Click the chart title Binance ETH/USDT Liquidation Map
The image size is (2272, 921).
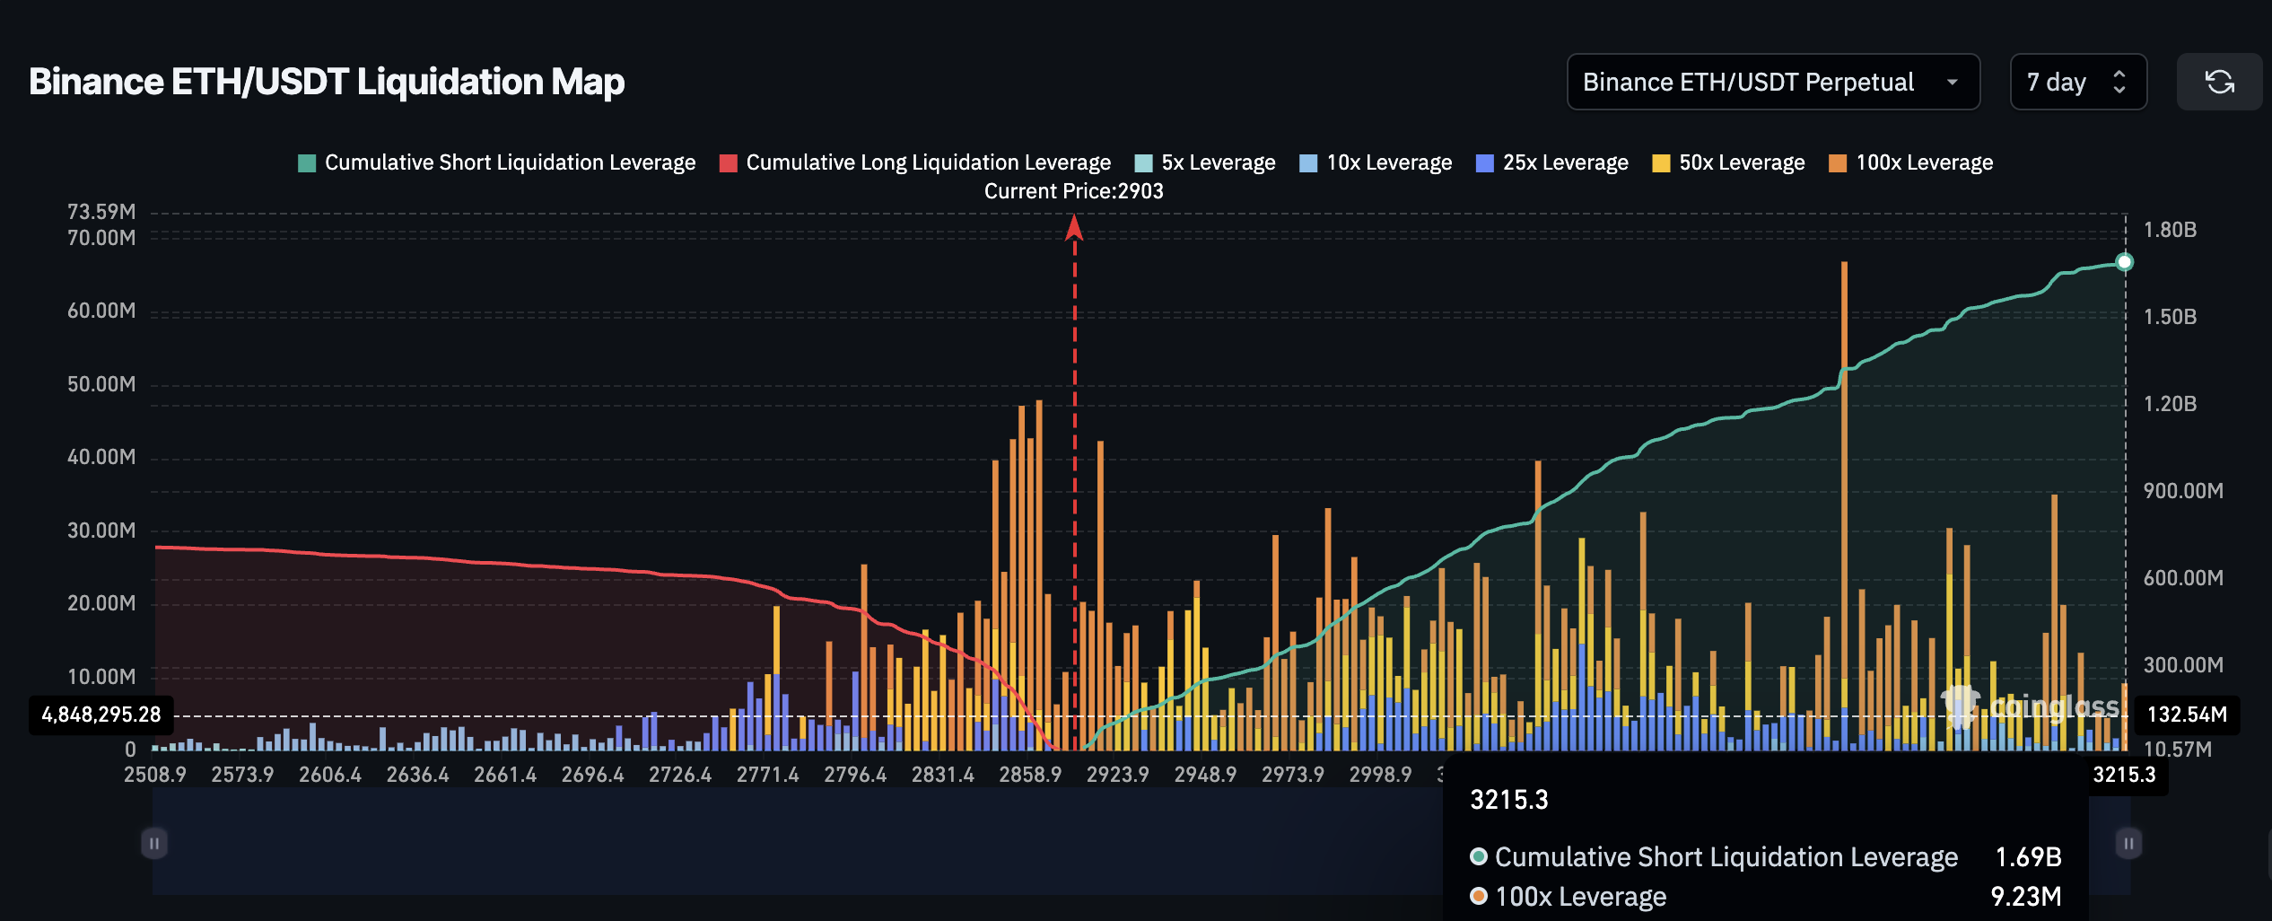[x=327, y=82]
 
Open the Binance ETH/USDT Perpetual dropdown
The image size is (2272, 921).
[x=1772, y=82]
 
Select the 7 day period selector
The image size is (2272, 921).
[x=2077, y=82]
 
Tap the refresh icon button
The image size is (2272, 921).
[x=2219, y=82]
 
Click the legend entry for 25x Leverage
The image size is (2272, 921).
[x=1551, y=162]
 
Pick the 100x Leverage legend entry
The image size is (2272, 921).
[x=1910, y=162]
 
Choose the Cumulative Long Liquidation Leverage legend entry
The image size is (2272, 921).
[x=915, y=162]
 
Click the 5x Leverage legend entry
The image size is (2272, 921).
[x=1205, y=162]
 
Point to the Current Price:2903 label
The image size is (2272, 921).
[x=1073, y=191]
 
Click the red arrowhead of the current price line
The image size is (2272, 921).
[x=1074, y=228]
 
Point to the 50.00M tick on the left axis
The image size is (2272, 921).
[x=101, y=384]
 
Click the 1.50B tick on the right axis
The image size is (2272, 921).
[x=2170, y=317]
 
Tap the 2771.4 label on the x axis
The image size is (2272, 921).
[x=767, y=775]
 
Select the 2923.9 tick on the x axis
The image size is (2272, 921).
[x=1117, y=775]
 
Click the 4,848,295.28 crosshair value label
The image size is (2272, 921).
[x=101, y=715]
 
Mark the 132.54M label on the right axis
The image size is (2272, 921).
[x=2187, y=715]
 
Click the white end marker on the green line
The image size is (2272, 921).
[x=2124, y=262]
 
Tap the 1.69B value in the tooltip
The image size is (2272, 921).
[x=2028, y=857]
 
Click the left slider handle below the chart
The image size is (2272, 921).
[x=154, y=843]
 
